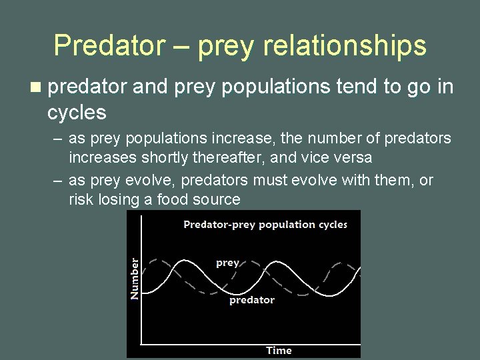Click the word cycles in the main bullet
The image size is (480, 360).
[x=77, y=113]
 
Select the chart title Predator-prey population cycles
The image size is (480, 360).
[x=265, y=225]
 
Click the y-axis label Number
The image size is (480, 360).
[x=135, y=278]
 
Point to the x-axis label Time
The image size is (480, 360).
[x=279, y=350]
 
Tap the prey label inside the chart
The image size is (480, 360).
[x=227, y=263]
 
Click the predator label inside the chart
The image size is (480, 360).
[x=252, y=300]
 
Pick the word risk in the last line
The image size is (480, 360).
[x=81, y=200]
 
